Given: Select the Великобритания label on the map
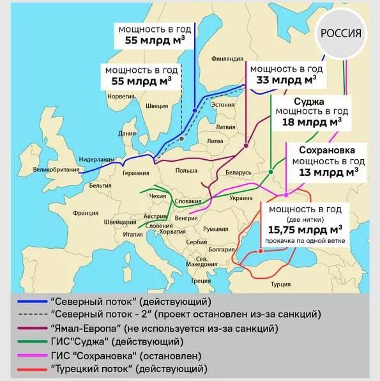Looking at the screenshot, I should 55,170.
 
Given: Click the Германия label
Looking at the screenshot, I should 135,173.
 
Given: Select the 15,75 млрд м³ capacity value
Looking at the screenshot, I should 305,229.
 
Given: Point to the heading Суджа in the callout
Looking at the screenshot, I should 309,102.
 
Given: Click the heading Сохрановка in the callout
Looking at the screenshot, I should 329,150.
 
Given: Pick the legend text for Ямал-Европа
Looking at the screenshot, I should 163,329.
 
